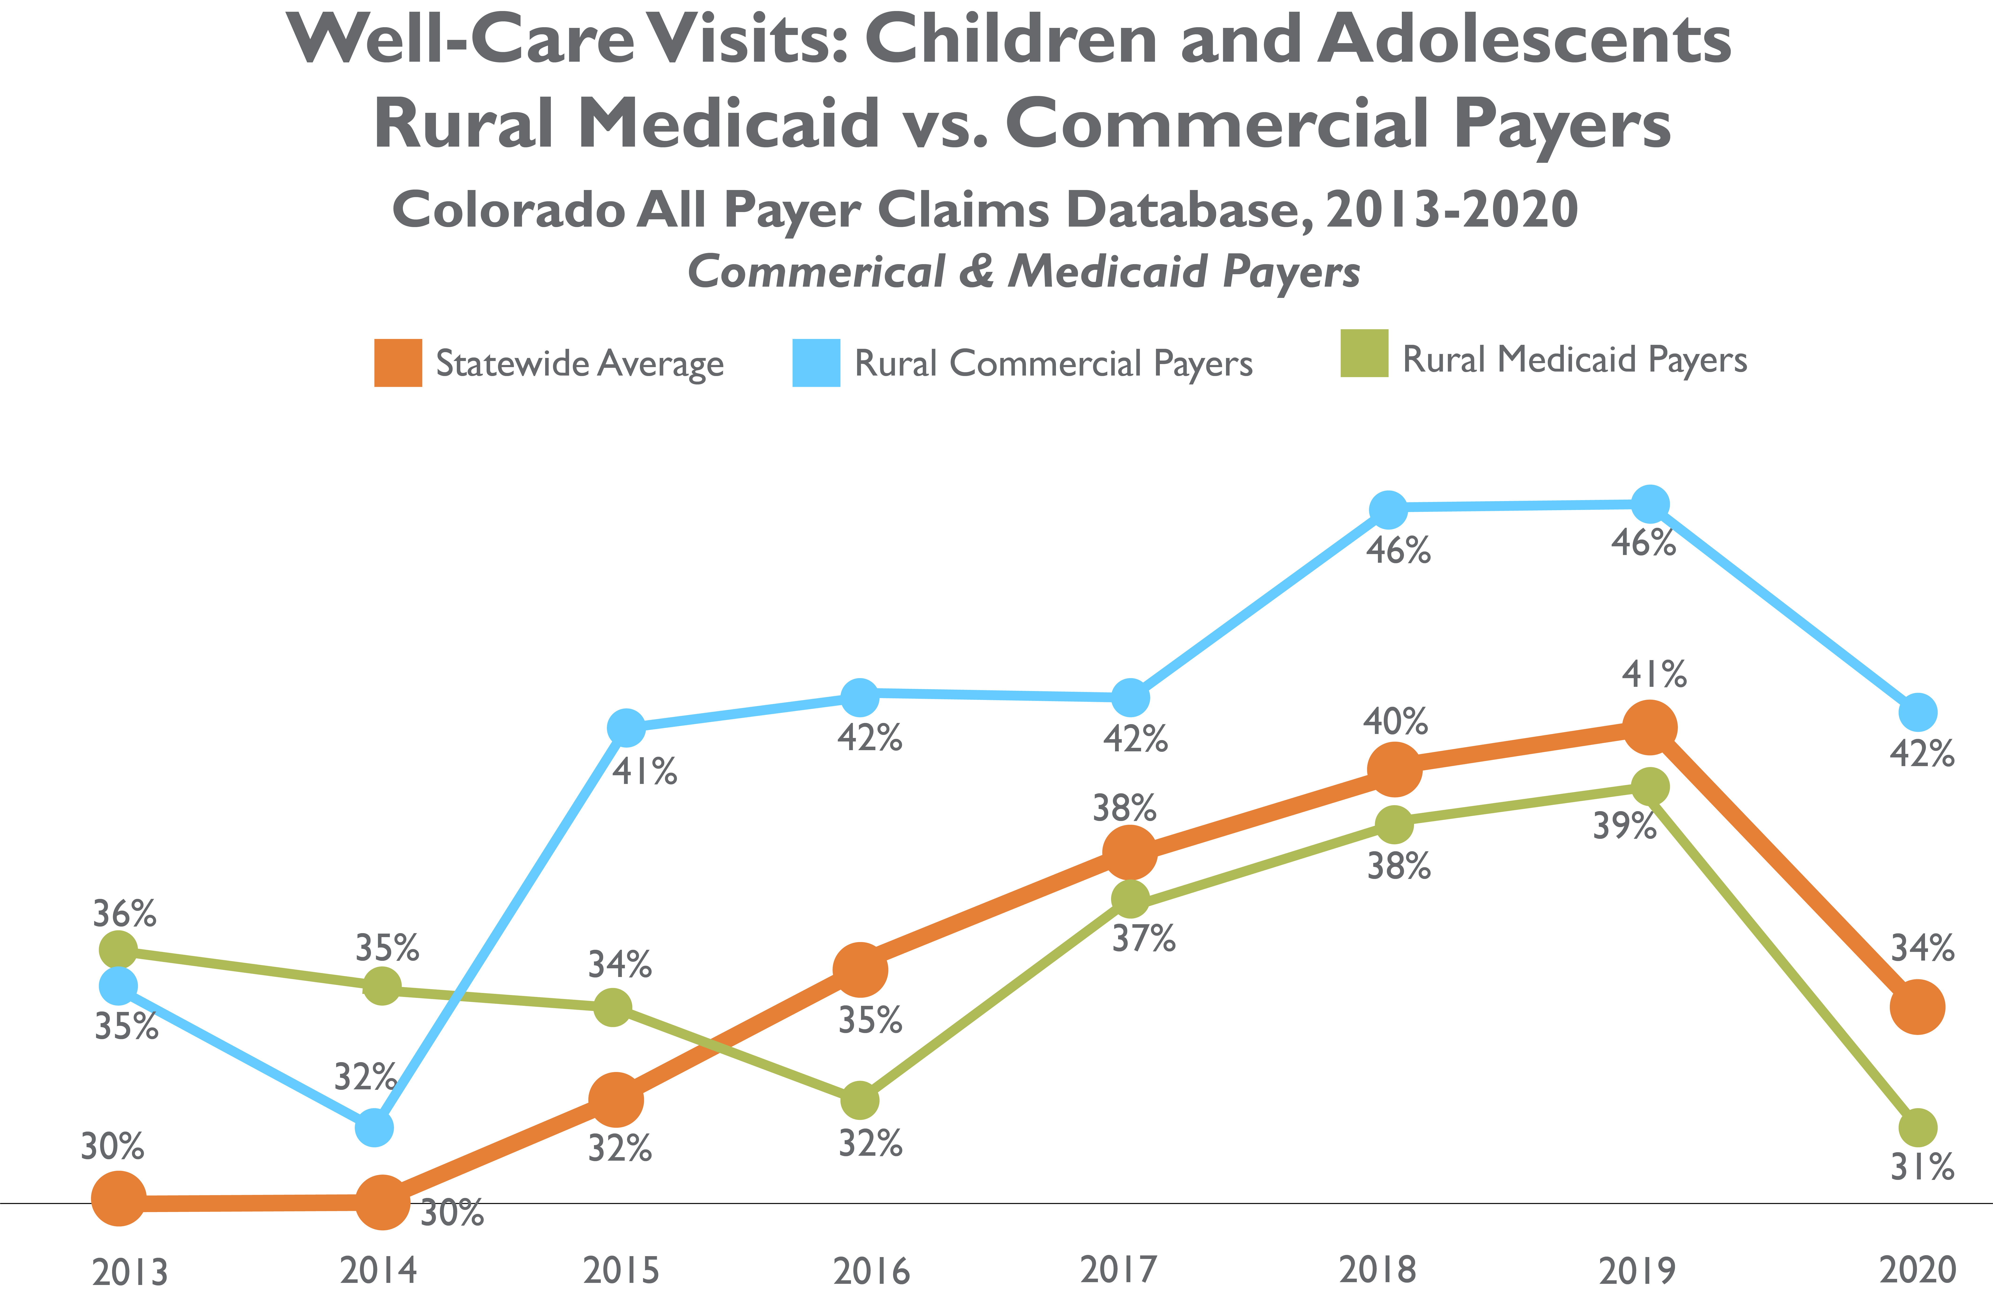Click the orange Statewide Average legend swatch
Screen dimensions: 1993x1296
398,363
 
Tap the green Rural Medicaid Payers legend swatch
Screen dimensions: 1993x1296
1364,353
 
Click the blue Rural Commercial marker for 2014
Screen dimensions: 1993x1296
374,1128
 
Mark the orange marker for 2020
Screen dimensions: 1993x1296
1917,1007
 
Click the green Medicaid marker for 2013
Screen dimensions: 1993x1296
118,950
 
